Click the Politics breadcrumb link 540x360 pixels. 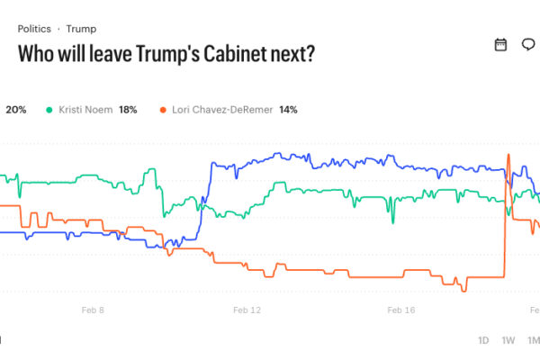pyautogui.click(x=34, y=29)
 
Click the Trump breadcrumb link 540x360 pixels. pyautogui.click(x=81, y=29)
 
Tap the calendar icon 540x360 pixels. pyautogui.click(x=501, y=45)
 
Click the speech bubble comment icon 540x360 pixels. pyautogui.click(x=528, y=45)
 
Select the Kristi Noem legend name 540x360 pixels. pyautogui.click(x=85, y=110)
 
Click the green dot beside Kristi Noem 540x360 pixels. pyautogui.click(x=49, y=110)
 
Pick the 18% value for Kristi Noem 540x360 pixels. pyautogui.click(x=128, y=110)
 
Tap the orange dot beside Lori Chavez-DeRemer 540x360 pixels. pyautogui.click(x=163, y=110)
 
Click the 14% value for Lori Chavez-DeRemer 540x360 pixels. pyautogui.click(x=287, y=110)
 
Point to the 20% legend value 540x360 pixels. pyautogui.click(x=16, y=110)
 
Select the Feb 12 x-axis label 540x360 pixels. pyautogui.click(x=247, y=310)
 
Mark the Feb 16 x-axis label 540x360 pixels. pyautogui.click(x=401, y=310)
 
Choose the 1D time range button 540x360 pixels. pyautogui.click(x=483, y=340)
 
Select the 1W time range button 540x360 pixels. pyautogui.click(x=508, y=340)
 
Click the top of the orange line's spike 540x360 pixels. pyautogui.click(x=508, y=155)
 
